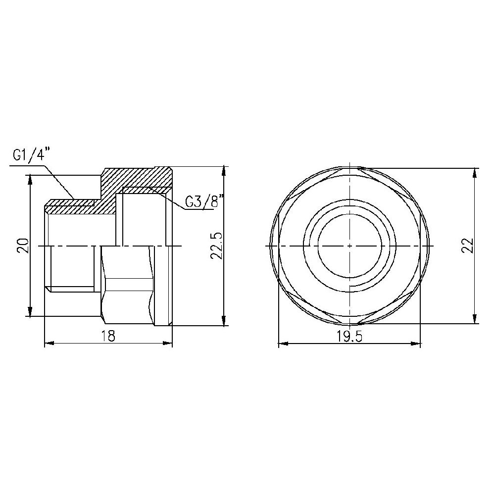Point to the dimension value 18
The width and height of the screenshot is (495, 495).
[108, 336]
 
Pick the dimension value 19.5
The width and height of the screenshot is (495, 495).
[349, 337]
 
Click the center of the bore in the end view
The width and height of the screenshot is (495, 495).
[349, 246]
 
